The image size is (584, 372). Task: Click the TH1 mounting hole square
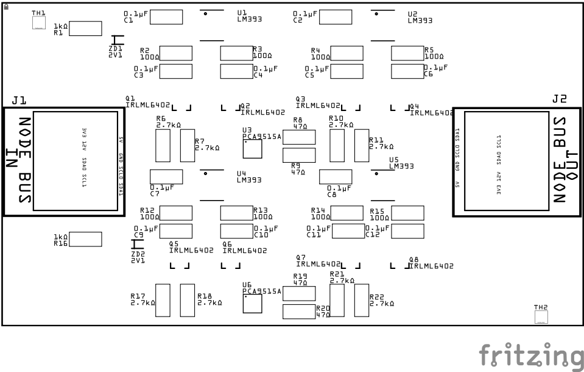point(38,23)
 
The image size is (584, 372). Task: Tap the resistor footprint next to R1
point(85,28)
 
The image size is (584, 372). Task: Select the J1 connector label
point(19,100)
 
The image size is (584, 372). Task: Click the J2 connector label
point(559,98)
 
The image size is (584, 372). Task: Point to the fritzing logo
point(530,355)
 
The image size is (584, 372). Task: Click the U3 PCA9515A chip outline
point(252,148)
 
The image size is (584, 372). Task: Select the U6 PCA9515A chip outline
point(252,303)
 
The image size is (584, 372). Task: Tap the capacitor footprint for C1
point(166,16)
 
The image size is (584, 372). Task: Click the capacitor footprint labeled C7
point(166,176)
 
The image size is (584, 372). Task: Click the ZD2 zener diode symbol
point(138,245)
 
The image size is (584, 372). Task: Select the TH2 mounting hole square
point(541,317)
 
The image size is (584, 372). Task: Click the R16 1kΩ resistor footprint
point(85,239)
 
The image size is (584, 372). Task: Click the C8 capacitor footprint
point(336,176)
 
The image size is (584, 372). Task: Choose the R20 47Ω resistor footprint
point(299,312)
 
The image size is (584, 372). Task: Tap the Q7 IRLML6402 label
point(318,261)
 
